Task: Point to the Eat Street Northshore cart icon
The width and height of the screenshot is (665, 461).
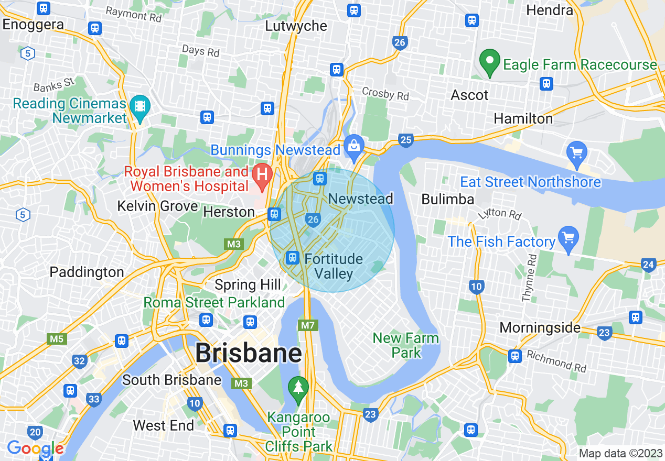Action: (577, 153)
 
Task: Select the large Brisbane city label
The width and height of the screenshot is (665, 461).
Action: (249, 354)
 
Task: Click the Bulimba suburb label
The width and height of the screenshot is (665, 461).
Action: (447, 199)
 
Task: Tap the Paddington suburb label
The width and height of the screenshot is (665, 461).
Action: (87, 272)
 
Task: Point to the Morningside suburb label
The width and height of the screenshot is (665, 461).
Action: (540, 328)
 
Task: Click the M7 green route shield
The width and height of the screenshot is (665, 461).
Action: (308, 326)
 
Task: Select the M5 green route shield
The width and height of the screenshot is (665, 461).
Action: (57, 339)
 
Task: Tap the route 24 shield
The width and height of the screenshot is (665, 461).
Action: (648, 264)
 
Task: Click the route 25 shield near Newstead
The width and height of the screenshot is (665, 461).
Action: (405, 140)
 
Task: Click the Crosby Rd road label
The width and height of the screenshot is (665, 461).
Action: (385, 93)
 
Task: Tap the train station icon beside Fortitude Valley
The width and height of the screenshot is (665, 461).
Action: (292, 257)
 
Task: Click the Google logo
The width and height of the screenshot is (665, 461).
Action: (35, 448)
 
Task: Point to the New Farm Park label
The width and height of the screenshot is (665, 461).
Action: (406, 345)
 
